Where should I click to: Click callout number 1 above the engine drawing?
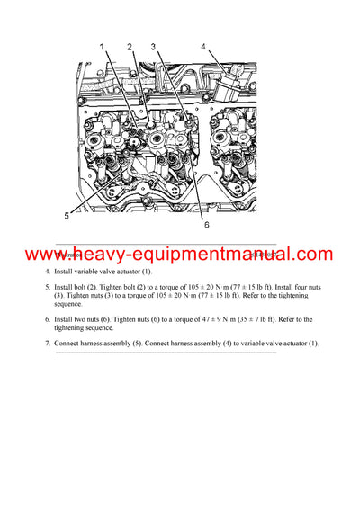pyautogui.click(x=101, y=46)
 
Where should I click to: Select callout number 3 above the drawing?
pyautogui.click(x=154, y=46)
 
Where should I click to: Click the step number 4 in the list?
pyautogui.click(x=48, y=271)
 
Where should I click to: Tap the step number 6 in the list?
pyautogui.click(x=48, y=319)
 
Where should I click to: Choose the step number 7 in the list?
pyautogui.click(x=48, y=344)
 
